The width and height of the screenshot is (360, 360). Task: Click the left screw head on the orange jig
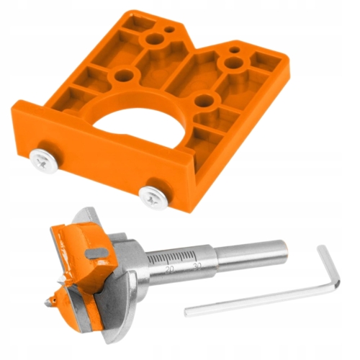(x=44, y=161)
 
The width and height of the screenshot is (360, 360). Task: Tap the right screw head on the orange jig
(x=153, y=197)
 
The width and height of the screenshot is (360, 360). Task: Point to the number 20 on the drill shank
(x=169, y=269)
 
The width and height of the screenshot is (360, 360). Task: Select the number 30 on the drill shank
(x=197, y=266)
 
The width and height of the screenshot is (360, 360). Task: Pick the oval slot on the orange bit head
(x=96, y=253)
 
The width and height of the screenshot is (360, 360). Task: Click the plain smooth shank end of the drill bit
(x=252, y=255)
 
